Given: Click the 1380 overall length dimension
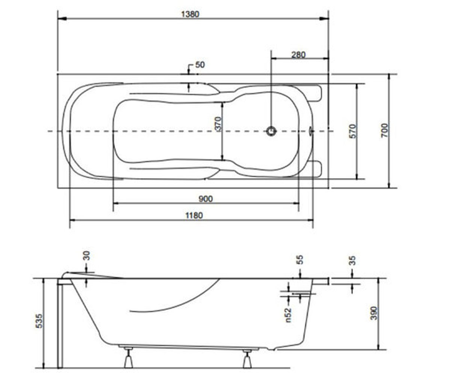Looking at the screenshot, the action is [x=190, y=14].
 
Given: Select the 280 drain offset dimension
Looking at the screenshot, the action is [x=298, y=55].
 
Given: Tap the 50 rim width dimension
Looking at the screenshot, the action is [x=200, y=65].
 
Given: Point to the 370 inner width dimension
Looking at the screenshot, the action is [x=218, y=124].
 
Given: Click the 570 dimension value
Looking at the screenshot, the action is [x=352, y=131].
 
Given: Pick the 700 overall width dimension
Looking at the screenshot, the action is [x=384, y=130].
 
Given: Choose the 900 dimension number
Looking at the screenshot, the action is [x=206, y=199].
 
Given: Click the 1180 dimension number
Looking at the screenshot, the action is [x=194, y=215].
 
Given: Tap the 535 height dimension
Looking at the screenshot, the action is [x=39, y=321].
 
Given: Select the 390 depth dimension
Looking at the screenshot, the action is [x=374, y=313].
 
